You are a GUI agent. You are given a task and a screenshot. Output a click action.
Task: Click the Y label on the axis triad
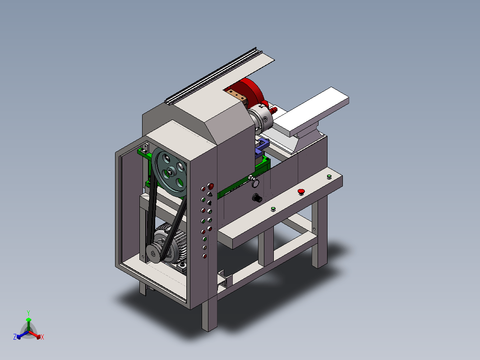(28, 313)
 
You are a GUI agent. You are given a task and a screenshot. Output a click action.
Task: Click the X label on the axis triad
(42, 337)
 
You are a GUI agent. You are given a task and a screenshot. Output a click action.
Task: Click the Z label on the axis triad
(15, 337)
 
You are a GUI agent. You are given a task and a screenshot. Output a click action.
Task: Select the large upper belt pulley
(169, 172)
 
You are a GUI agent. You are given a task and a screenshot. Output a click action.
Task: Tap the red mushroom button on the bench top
(301, 192)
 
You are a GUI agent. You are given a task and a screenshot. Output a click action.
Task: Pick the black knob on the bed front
(257, 198)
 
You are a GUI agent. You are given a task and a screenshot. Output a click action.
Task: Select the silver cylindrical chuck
(260, 120)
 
